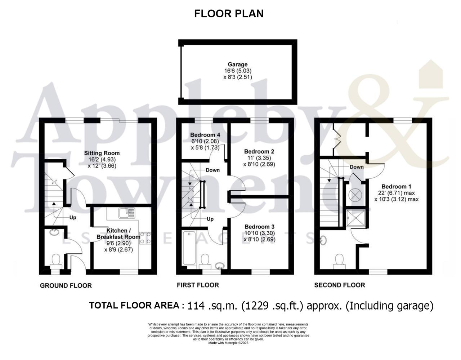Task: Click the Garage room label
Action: point(237,64)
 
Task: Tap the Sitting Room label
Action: point(102,153)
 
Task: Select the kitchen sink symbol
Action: point(127,213)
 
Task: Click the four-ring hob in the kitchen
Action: point(145,238)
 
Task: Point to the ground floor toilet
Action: point(56,262)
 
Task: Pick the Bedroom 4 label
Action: point(205,135)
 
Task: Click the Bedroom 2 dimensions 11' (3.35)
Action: point(259,158)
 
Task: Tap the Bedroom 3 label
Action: point(259,227)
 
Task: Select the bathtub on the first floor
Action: point(189,248)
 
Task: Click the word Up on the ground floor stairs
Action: point(73,218)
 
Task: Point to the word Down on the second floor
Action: point(357,167)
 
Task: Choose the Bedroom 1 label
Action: point(396,187)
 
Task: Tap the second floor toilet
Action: point(339,262)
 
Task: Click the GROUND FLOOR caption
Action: point(66,286)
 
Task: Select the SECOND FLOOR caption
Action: point(340,285)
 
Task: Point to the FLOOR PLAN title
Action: point(229,14)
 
